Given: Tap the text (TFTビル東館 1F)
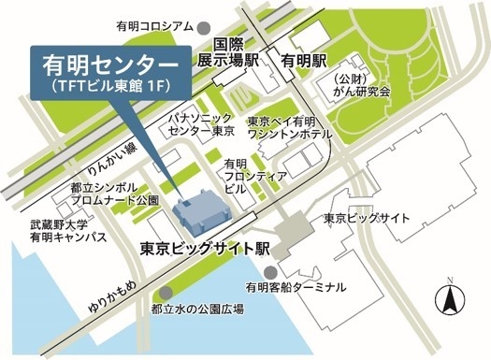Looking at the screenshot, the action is [110, 88].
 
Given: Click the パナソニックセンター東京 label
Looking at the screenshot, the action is [199, 126].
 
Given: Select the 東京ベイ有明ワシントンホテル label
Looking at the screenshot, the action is [284, 129].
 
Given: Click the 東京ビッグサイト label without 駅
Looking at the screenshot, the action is [367, 218].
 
